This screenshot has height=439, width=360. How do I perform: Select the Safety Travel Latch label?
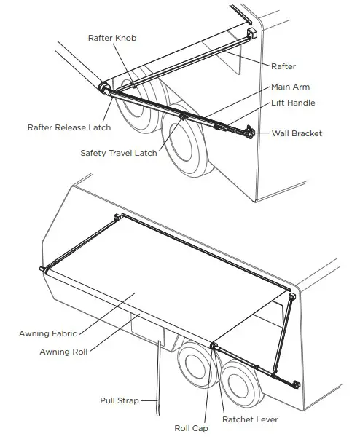pos(118,153)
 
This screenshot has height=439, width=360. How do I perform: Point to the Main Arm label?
pos(290,87)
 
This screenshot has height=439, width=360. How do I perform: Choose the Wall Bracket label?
pos(297,133)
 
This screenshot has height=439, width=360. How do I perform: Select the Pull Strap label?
pos(120,400)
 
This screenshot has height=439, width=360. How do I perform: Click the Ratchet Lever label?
pos(249,419)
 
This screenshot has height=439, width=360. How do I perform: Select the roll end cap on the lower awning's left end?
pos(44,270)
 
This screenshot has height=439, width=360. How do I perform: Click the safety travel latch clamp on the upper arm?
pos(184,115)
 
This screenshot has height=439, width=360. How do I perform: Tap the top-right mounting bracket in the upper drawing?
pos(253,34)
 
